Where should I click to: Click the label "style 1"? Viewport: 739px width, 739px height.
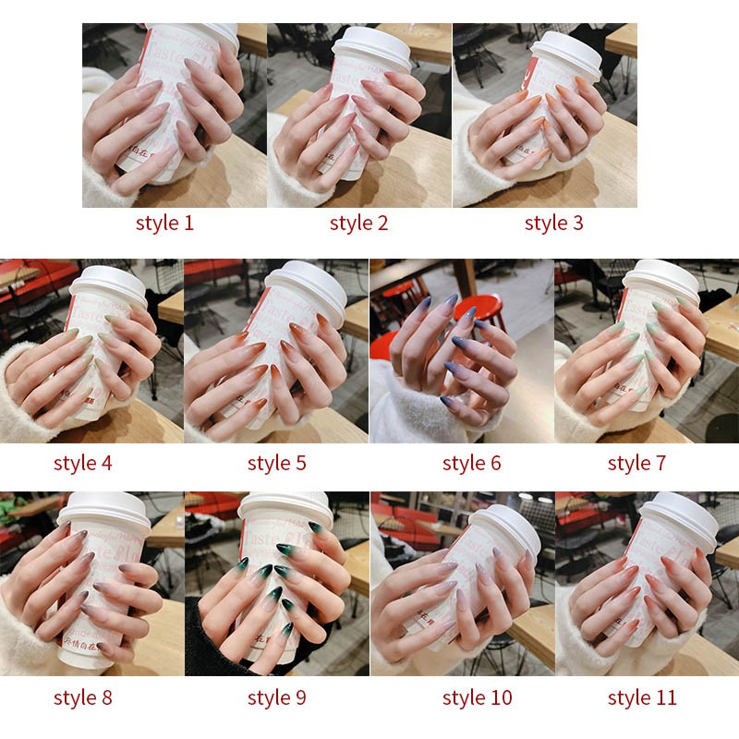pos(164,223)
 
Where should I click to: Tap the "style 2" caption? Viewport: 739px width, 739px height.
pos(358,223)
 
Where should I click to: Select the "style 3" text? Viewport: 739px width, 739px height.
pos(553,223)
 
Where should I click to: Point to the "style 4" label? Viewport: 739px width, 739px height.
pos(82,463)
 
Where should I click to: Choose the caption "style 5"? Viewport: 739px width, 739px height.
pos(276,463)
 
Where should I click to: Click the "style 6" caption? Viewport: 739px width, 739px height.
pos(471,463)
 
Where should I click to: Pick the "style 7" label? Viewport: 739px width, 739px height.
pos(636,463)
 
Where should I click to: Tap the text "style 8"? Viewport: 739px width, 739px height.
pos(82,697)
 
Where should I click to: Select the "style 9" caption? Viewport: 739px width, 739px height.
pos(276,697)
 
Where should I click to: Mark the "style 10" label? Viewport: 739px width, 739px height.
pos(477,697)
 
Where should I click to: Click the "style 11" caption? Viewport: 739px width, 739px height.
pos(642,697)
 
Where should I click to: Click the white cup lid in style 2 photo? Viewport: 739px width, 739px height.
pos(371,46)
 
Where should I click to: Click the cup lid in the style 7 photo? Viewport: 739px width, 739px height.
pos(660,279)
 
